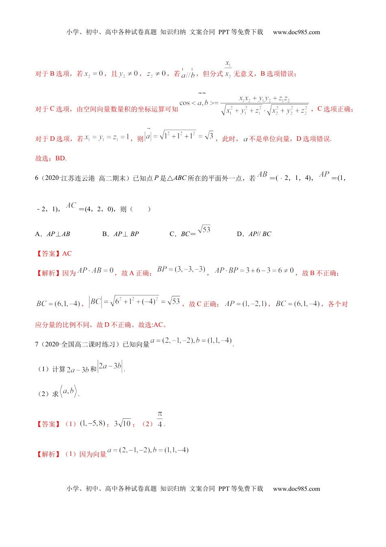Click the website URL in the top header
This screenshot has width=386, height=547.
point(296,32)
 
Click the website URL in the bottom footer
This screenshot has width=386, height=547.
point(296,489)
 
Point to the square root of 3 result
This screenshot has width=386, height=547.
point(209,136)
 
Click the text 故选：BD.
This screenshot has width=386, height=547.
point(51,158)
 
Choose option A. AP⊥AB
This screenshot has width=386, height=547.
point(53,234)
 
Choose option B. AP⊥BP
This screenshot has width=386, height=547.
point(121,234)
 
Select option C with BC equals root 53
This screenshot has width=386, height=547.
point(190,232)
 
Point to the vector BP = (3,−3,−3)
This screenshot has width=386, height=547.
point(181,269)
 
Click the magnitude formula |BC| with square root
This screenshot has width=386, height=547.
point(134,302)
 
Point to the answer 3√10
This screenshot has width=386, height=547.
point(122,423)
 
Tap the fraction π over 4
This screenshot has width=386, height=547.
point(160,420)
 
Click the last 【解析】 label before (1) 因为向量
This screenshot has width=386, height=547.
point(48,454)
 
